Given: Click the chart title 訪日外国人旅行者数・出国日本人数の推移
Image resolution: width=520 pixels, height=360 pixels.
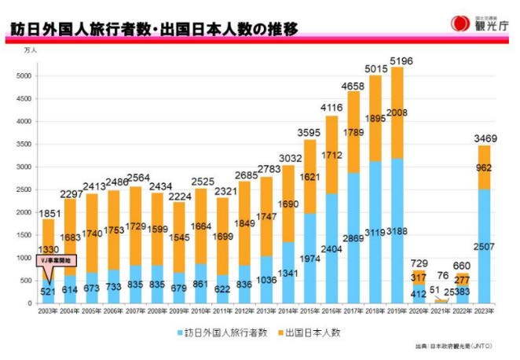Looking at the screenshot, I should (x=154, y=30).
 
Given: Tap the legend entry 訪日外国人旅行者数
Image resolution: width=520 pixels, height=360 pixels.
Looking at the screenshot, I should (x=221, y=332).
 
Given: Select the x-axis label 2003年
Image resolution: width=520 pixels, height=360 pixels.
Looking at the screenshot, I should (x=48, y=311).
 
